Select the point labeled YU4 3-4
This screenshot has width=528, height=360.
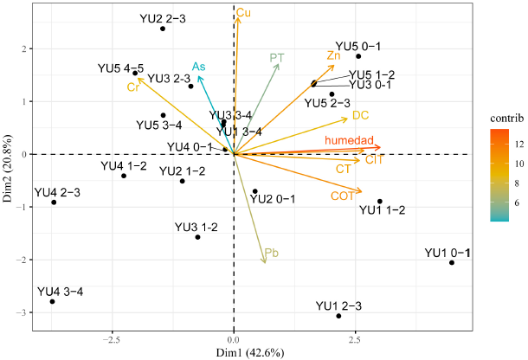[x=52, y=301]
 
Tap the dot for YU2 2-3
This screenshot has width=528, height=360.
[x=163, y=29]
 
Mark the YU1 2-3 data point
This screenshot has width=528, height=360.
[x=338, y=316]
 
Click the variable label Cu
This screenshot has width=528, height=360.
[x=244, y=13]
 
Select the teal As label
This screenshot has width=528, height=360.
[x=199, y=67]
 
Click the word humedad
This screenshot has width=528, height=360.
[x=349, y=140]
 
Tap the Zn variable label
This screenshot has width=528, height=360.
[x=334, y=55]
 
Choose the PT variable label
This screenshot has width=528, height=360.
[x=277, y=58]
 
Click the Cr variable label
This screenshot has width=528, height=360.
[x=133, y=87]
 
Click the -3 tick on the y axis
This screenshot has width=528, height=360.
[x=21, y=312]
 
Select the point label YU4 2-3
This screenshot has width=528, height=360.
[x=56, y=191]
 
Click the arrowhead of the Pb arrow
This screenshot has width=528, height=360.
[x=264, y=262]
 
